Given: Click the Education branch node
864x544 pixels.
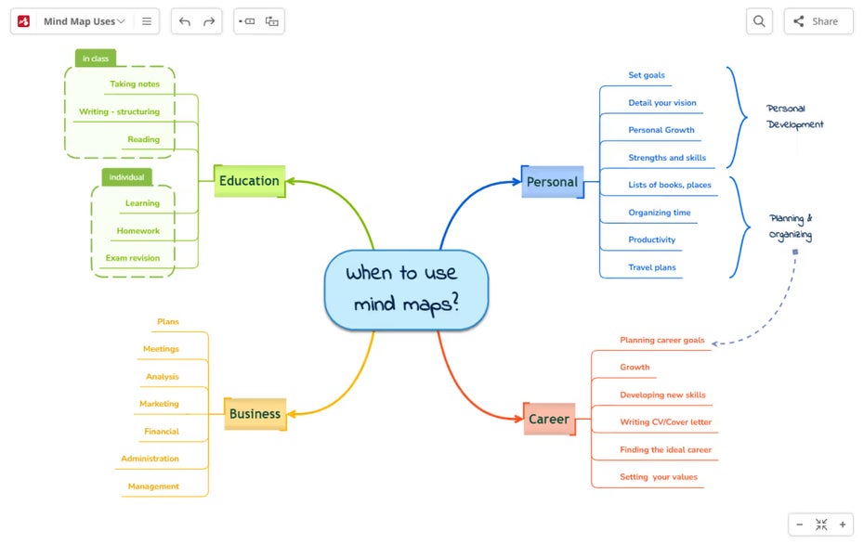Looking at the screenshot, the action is (250, 181).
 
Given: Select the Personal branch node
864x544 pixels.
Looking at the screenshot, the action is (552, 182).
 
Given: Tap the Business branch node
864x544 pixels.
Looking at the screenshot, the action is (255, 413).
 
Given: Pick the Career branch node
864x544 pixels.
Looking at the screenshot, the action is (549, 419).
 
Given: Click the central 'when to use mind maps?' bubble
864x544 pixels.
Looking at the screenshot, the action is (406, 290).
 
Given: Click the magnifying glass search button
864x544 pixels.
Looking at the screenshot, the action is (759, 21).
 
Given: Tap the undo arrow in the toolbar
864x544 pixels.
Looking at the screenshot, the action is (185, 21).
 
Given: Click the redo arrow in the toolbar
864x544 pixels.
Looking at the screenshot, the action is (209, 21).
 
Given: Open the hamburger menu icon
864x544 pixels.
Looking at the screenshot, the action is (147, 21).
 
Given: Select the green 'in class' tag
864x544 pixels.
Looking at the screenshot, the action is (96, 58).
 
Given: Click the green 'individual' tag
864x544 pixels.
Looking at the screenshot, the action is (126, 176).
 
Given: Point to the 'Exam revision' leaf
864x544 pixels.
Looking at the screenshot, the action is (133, 258).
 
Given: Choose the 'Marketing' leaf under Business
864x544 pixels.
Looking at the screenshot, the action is (159, 404).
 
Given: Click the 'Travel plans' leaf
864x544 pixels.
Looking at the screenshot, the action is (652, 267).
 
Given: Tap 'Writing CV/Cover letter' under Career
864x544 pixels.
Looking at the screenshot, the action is (665, 421).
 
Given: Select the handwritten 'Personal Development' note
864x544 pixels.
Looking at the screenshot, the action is (794, 116).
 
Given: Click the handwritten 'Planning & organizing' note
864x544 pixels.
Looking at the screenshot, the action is (791, 227).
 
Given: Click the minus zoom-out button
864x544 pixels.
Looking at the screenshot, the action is (800, 525).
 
